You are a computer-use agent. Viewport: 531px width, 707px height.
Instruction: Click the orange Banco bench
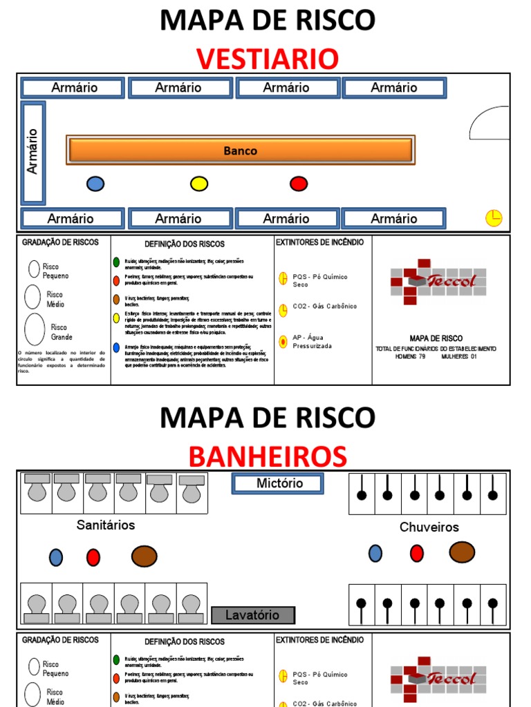pos(240,151)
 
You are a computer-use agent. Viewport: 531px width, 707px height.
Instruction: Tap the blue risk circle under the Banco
pos(95,184)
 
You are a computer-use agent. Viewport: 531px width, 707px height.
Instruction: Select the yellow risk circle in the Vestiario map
pos(199,184)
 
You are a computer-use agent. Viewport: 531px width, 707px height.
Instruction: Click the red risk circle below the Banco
pos(299,184)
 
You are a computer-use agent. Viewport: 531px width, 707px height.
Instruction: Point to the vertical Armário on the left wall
pos(33,152)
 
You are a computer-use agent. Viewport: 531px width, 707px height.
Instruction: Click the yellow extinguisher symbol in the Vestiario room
pos(494,218)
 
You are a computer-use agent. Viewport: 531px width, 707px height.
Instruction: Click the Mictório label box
pos(278,483)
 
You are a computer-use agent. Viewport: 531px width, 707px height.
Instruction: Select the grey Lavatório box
pos(253,614)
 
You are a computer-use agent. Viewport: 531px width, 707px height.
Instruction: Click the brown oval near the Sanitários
pos(144,556)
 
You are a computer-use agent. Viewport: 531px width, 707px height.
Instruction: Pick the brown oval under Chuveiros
pos(462,552)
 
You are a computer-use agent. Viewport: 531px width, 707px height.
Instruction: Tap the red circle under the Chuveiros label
pos(416,553)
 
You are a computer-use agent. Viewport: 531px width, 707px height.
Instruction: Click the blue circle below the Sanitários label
pos(56,557)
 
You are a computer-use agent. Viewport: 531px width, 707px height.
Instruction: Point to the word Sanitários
pos(106,525)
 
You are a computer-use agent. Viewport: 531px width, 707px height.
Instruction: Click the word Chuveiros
pos(429,527)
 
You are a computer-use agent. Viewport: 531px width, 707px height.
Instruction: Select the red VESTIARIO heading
pos(268,59)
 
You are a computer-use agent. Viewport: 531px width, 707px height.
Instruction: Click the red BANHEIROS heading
pos(268,456)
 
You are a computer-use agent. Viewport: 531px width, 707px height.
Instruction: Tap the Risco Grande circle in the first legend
pos(35,329)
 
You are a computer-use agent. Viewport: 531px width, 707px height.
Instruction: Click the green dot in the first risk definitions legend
pos(116,262)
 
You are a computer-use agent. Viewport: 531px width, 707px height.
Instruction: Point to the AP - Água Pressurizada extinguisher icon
pos(283,341)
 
